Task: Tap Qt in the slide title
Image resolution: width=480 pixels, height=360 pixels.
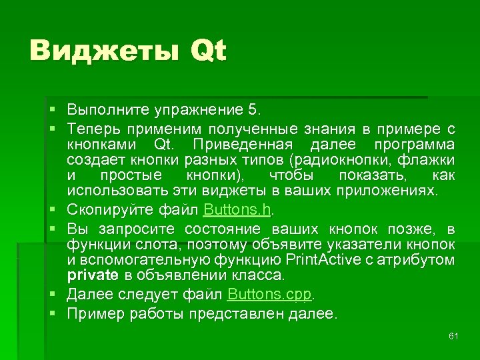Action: pyautogui.click(x=208, y=51)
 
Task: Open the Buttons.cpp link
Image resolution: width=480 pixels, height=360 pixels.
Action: pyautogui.click(x=269, y=293)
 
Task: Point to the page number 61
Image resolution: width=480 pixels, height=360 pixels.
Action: pyautogui.click(x=453, y=335)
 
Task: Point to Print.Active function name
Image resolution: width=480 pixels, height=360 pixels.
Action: pyautogui.click(x=323, y=259)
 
